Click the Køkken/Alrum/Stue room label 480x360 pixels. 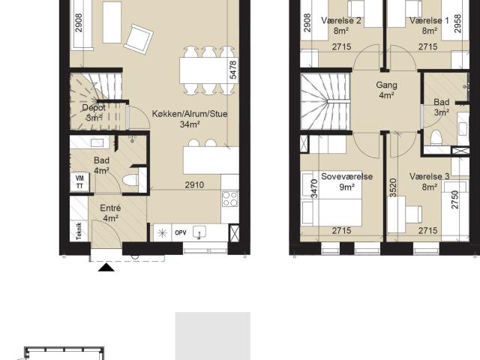(x=190, y=114)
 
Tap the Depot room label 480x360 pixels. (x=94, y=108)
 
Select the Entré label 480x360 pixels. (x=110, y=208)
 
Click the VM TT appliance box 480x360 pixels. (x=79, y=181)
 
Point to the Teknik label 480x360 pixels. (x=79, y=231)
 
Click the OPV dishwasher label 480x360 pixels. (x=181, y=232)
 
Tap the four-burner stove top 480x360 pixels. (x=230, y=199)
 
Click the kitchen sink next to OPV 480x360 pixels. (x=199, y=232)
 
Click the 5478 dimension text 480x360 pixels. (x=233, y=70)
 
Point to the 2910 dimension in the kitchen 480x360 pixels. (x=194, y=185)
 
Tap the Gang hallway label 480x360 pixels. (x=386, y=85)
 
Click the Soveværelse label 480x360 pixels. (x=346, y=176)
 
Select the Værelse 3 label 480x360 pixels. (x=429, y=176)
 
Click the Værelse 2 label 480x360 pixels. (x=341, y=20)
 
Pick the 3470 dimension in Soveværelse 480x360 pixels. (x=314, y=188)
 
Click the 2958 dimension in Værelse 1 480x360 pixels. (x=457, y=23)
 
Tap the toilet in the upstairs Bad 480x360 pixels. (x=436, y=137)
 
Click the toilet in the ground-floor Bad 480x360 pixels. (x=130, y=180)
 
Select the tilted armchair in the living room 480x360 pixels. (x=138, y=39)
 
